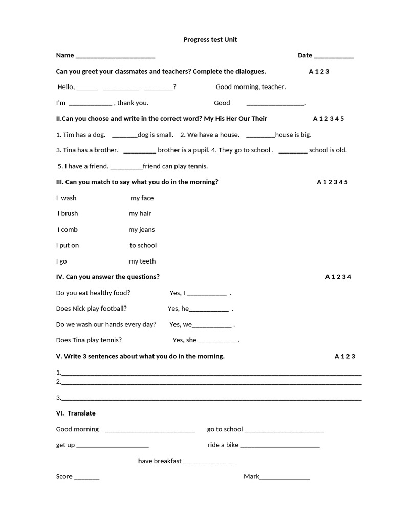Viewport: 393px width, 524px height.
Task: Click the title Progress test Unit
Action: [210, 39]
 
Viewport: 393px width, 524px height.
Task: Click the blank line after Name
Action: [115, 56]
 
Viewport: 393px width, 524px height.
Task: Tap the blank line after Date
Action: [333, 56]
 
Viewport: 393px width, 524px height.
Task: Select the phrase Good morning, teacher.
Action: [251, 87]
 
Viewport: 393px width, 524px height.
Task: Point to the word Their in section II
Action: [258, 119]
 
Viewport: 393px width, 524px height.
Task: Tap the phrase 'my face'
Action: [142, 198]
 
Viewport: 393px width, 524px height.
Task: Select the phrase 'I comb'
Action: [68, 230]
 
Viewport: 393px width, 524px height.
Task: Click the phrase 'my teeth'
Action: [142, 261]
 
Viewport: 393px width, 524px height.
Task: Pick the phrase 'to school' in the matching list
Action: [143, 246]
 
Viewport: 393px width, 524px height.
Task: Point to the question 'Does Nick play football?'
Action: [92, 309]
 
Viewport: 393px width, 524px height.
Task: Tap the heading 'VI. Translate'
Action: [76, 413]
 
